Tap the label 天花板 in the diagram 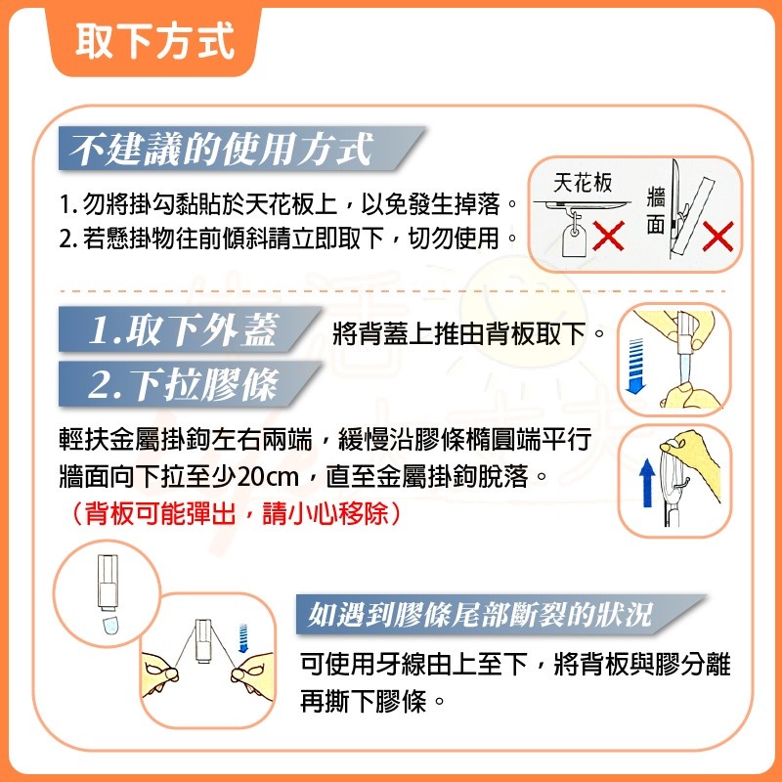tap(583, 184)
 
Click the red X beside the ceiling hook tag tap(610, 235)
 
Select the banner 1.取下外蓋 tap(181, 331)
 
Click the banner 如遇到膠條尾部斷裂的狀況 tap(479, 615)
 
